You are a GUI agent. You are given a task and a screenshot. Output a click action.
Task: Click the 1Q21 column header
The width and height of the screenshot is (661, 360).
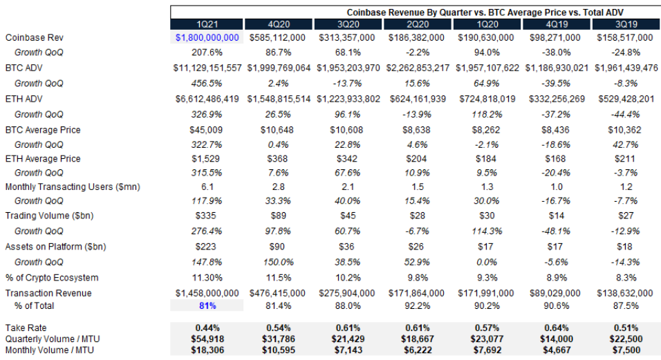click(207, 24)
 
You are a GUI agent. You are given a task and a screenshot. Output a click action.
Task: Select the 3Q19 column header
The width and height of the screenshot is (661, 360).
click(625, 24)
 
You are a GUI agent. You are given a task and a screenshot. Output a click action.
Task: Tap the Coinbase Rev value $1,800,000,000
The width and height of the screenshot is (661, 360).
click(207, 37)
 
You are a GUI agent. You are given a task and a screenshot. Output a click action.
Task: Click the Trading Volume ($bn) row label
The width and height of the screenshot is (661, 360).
click(49, 216)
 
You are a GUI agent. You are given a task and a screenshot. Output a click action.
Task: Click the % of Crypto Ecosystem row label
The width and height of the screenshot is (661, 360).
click(52, 278)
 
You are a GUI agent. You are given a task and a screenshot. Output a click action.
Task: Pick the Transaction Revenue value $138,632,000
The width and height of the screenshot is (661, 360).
click(625, 293)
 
